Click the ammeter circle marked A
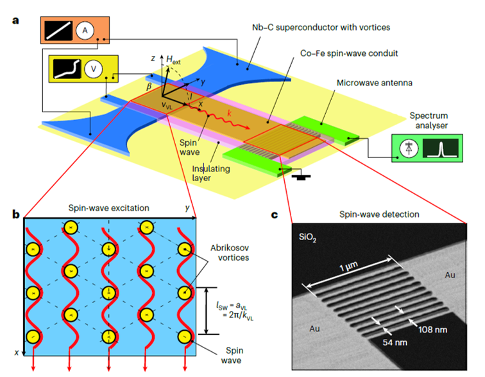pyautogui.click(x=84, y=30)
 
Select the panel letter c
pyautogui.click(x=275, y=214)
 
